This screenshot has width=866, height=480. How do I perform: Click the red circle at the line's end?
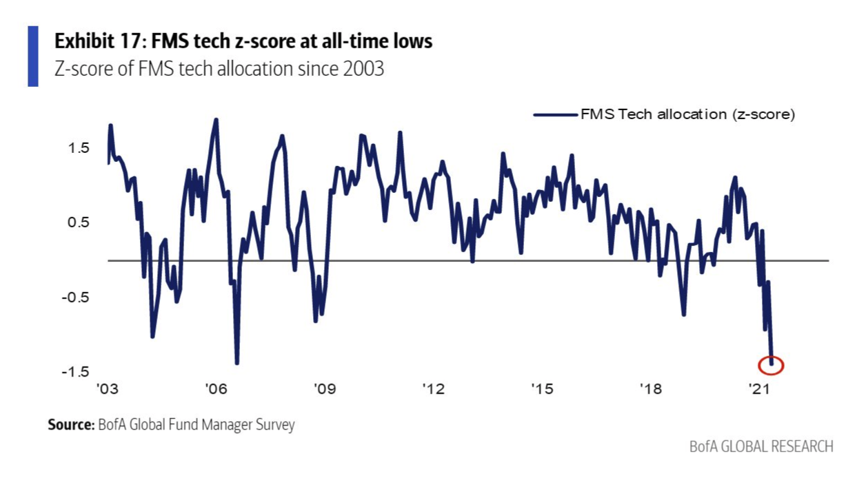771,365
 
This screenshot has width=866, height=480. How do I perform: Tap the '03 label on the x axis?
108,389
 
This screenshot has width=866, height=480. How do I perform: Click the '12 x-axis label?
433,389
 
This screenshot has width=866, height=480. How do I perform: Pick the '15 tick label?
542,389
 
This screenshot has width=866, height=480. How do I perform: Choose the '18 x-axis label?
650,389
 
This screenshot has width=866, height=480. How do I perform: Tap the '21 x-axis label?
758,389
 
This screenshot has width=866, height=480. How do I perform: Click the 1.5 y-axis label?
80,148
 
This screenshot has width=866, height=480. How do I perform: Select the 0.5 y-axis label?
80,222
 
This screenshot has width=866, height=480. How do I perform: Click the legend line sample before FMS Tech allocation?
556,115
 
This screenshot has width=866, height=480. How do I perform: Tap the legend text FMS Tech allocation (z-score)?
687,115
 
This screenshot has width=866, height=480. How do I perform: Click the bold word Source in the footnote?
70,425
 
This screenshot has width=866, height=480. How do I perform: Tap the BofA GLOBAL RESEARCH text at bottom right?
761,446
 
